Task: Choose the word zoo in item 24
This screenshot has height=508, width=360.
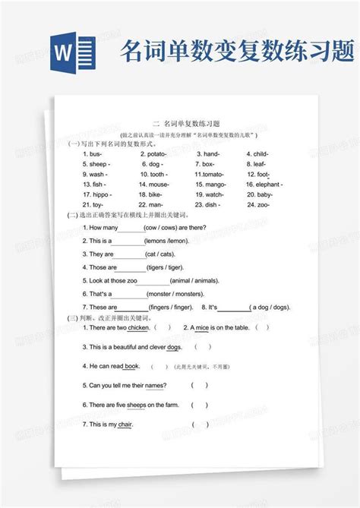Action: click(x=263, y=204)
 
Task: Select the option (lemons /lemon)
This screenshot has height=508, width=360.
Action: click(x=167, y=240)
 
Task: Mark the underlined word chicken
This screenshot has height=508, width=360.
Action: click(x=138, y=327)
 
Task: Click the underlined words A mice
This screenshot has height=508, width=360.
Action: click(x=200, y=327)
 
